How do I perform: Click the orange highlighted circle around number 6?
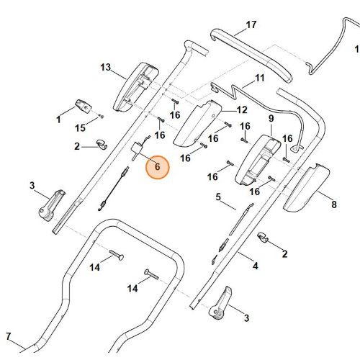pyautogui.click(x=157, y=167)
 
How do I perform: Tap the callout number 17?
pyautogui.click(x=251, y=24)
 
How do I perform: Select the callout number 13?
pyautogui.click(x=106, y=67)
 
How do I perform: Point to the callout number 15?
pyautogui.click(x=80, y=128)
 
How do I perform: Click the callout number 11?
pyautogui.click(x=260, y=78)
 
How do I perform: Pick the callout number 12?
pyautogui.click(x=242, y=110)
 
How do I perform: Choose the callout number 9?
pyautogui.click(x=271, y=118)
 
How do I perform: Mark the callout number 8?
pyautogui.click(x=334, y=204)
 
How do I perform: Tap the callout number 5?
pyautogui.click(x=218, y=197)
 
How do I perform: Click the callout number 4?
pyautogui.click(x=256, y=266)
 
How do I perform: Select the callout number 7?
pyautogui.click(x=9, y=336)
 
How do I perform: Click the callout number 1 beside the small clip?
pyautogui.click(x=58, y=120)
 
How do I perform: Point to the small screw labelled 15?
pyautogui.click(x=102, y=117)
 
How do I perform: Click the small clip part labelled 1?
pyautogui.click(x=84, y=106)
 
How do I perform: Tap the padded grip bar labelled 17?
pyautogui.click(x=251, y=55)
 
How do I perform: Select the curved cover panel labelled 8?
pyautogui.click(x=306, y=188)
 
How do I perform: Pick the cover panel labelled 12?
pyautogui.click(x=198, y=124)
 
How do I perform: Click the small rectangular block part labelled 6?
pyautogui.click(x=136, y=149)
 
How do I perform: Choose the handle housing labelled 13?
pyautogui.click(x=136, y=87)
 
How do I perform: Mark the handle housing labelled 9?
pyautogui.click(x=258, y=161)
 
